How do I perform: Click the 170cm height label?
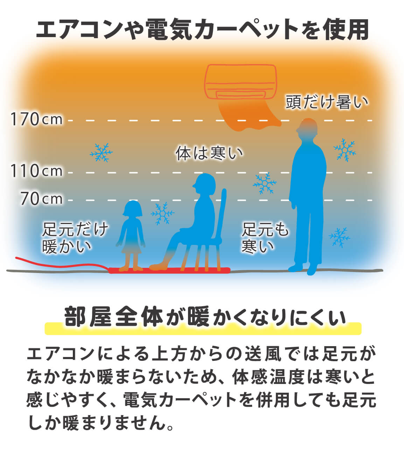point(36,119)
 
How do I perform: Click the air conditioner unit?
point(241,82)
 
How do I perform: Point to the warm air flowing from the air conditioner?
point(247,115)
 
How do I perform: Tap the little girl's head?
point(133,209)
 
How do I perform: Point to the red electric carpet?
point(170,271)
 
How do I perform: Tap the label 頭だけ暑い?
point(327,102)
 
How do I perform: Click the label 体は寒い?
point(209,153)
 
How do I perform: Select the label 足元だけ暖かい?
point(75,238)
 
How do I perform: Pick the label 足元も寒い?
point(265,238)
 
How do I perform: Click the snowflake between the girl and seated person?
point(162,213)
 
